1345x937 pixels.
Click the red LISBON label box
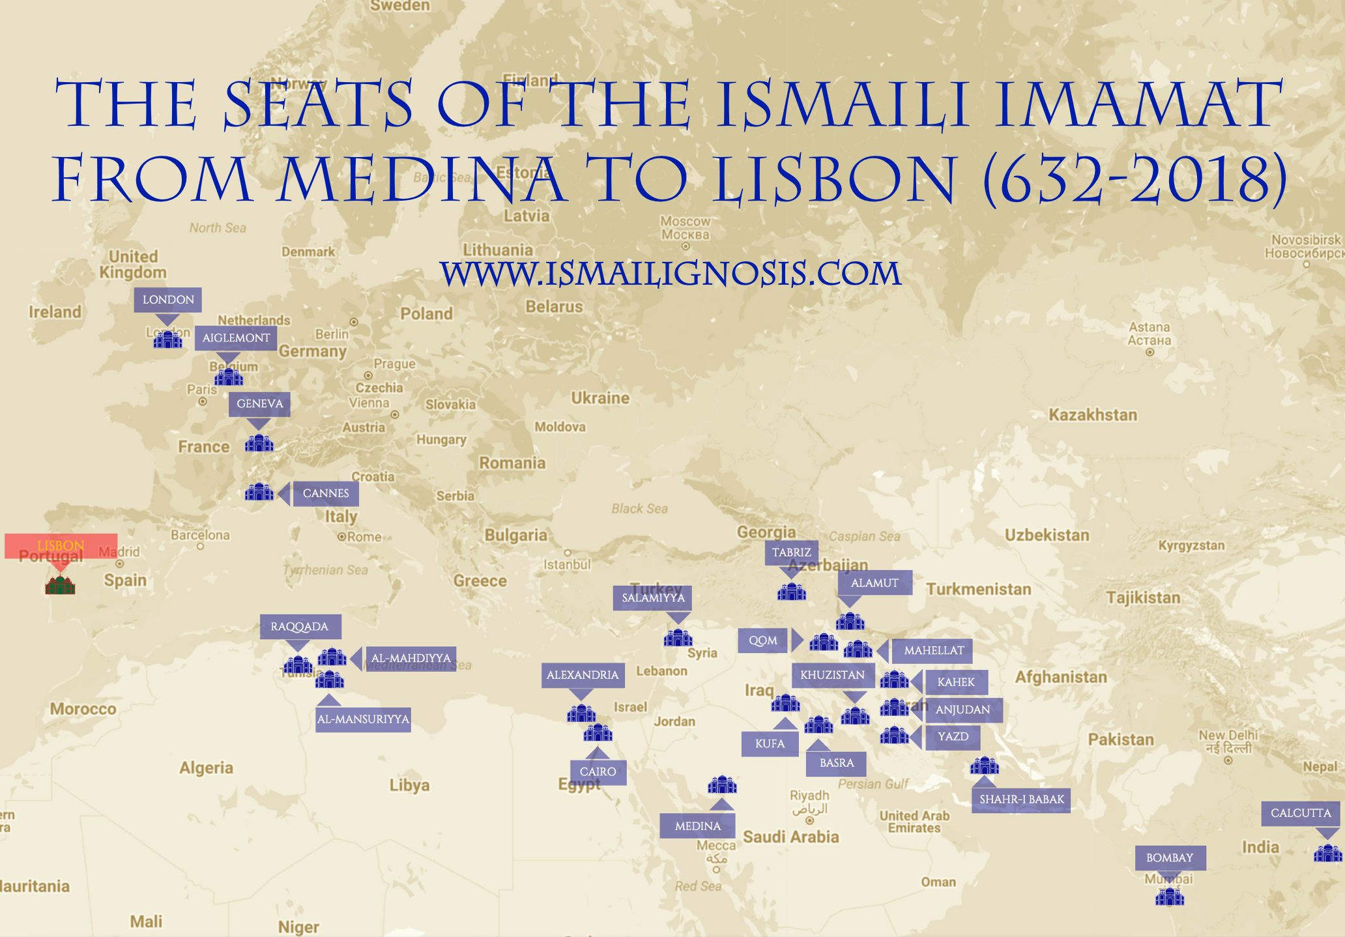point(61,546)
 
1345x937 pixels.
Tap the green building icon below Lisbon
point(60,585)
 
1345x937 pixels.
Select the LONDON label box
point(168,300)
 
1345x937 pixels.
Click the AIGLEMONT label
point(236,338)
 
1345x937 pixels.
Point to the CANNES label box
point(325,493)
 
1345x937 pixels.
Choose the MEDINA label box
point(697,826)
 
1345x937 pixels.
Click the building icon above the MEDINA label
point(722,785)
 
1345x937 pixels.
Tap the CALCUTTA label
point(1301,813)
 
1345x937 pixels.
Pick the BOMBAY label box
point(1170,858)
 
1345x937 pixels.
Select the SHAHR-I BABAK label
point(1021,800)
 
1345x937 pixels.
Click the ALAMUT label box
point(875,583)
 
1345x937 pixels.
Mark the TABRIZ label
point(791,553)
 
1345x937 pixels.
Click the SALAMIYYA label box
point(653,598)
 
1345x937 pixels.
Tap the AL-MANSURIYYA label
point(363,719)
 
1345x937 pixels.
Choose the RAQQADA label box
point(300,627)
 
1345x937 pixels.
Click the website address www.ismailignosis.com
point(671,274)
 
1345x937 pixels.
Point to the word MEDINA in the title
point(420,179)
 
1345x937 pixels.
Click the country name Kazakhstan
point(1093,415)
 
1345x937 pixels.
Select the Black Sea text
point(639,508)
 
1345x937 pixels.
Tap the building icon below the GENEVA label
point(259,443)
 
